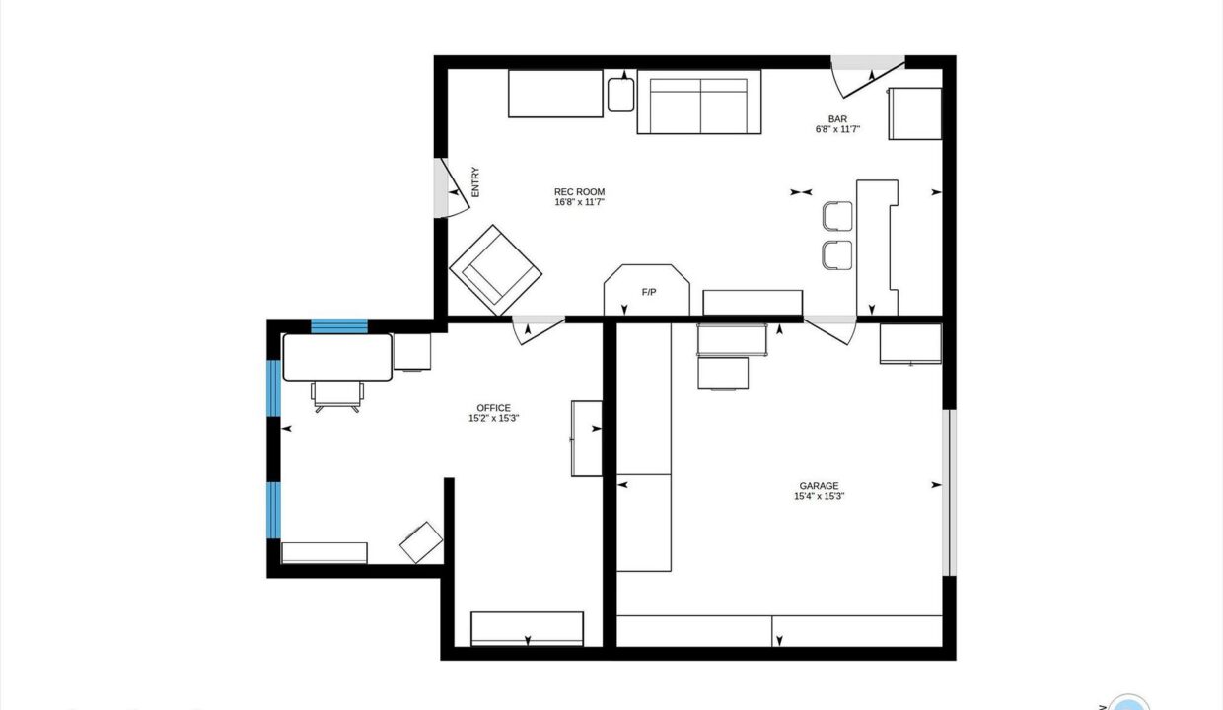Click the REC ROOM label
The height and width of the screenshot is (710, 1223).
(579, 192)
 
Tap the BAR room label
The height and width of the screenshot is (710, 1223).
(837, 119)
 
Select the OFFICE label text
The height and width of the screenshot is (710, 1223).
(493, 408)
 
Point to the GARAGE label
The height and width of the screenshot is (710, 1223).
(819, 486)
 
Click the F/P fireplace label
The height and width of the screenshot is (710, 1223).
(649, 292)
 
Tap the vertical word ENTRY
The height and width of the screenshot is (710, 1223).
(475, 181)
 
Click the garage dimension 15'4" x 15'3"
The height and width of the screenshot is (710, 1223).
(819, 496)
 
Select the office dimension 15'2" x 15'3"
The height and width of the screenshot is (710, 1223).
(493, 418)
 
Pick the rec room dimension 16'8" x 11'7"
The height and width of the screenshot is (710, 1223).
(579, 202)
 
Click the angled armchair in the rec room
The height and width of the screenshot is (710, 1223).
(496, 270)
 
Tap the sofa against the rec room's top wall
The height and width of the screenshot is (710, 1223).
(699, 102)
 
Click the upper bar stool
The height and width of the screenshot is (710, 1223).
(837, 216)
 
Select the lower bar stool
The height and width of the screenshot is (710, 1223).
(837, 254)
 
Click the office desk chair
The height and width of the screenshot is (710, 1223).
(337, 396)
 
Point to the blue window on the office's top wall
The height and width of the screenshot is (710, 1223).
(339, 326)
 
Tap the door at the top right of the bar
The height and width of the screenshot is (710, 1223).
(868, 76)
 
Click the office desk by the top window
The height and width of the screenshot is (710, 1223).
(337, 357)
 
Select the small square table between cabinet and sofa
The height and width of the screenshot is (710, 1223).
(620, 95)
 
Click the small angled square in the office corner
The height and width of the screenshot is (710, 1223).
(421, 542)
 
